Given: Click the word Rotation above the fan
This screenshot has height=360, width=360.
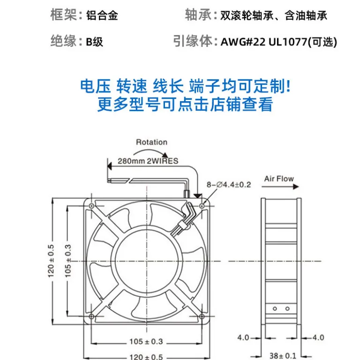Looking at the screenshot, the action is click(151, 142).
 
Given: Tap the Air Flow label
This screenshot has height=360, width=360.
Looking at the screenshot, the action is click(279, 179).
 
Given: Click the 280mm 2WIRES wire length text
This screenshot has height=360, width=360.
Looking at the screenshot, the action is click(148, 161).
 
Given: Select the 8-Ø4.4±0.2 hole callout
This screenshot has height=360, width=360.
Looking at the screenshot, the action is click(229, 185).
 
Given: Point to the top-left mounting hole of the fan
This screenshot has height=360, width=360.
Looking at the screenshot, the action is click(91, 206).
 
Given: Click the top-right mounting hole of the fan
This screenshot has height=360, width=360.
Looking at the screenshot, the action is click(202, 206).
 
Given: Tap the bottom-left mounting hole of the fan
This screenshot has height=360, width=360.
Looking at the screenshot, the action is click(91, 316).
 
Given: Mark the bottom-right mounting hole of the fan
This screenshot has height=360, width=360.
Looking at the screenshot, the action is click(202, 316).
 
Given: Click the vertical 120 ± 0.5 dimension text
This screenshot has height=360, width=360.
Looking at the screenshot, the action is click(51, 261).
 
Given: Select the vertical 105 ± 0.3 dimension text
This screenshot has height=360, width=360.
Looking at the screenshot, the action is click(68, 261).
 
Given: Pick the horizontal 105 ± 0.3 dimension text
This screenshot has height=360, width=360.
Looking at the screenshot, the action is click(146, 342).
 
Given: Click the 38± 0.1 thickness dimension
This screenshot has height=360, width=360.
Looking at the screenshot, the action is click(283, 356).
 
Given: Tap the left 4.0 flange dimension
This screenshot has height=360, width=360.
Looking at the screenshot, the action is click(243, 337).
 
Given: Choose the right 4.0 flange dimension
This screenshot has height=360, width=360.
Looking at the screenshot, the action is click(318, 337).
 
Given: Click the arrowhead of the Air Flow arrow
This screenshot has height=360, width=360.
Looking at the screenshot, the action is click(296, 187).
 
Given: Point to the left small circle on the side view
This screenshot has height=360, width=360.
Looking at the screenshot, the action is click(275, 309).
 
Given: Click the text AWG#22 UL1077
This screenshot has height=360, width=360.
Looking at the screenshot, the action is click(264, 42).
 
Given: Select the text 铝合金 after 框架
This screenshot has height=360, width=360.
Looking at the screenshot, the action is click(102, 15).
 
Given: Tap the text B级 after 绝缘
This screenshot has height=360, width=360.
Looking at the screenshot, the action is click(94, 42).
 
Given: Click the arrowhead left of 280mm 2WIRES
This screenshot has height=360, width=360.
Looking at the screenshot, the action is click(110, 166).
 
